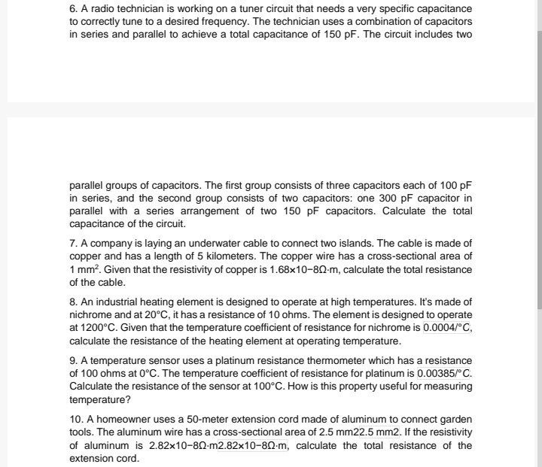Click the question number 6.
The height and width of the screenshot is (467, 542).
tap(73, 8)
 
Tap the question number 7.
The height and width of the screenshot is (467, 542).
tap(73, 243)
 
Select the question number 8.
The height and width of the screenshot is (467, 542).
tap(73, 302)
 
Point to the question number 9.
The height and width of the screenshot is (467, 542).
tap(73, 360)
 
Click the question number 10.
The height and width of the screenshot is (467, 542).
tap(75, 419)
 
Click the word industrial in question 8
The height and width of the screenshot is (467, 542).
tap(116, 302)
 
